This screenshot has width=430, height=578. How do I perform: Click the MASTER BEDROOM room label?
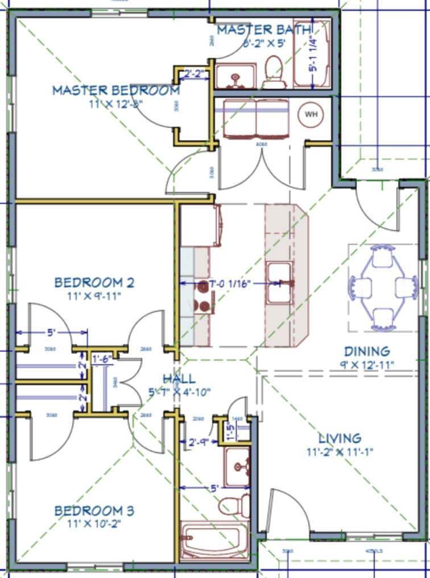click(x=115, y=90)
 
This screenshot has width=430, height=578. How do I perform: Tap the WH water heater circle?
click(x=311, y=114)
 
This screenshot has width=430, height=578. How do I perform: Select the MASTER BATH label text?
click(x=264, y=30)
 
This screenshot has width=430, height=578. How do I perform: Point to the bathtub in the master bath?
click(x=311, y=55)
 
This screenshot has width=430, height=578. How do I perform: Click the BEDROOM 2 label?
click(x=94, y=282)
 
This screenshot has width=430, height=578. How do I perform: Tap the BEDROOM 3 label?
click(x=94, y=511)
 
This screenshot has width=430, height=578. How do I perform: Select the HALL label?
click(x=179, y=379)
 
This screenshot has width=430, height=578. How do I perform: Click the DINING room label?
click(x=367, y=351)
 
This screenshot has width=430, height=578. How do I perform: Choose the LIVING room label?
click(x=340, y=438)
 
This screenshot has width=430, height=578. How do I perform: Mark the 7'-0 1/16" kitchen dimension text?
click(x=230, y=283)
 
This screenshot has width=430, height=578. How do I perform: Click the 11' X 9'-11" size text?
click(x=94, y=296)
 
